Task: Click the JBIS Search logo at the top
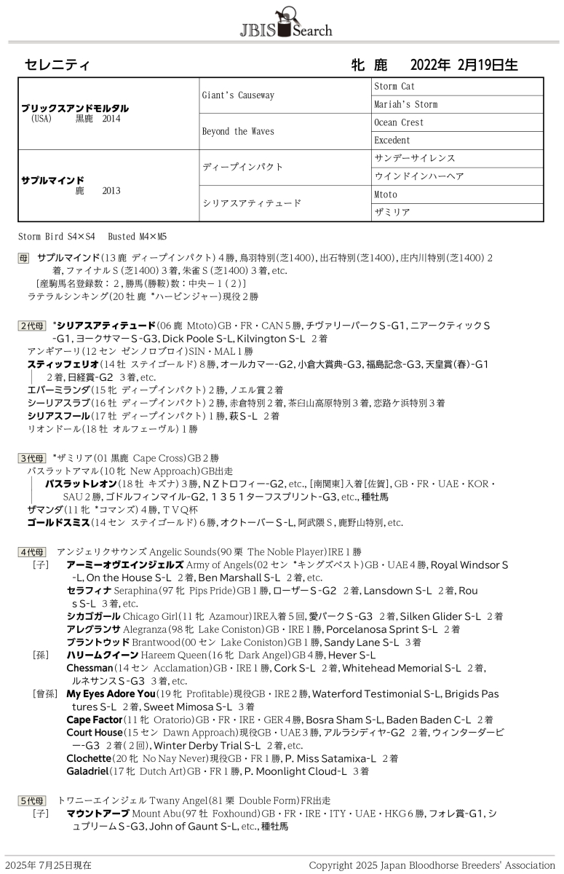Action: [x=285, y=23]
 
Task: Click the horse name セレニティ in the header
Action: [x=57, y=65]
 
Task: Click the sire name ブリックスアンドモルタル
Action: [x=75, y=108]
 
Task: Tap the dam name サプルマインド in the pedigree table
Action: [x=53, y=180]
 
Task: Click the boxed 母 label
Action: [x=24, y=258]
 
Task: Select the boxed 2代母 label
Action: [x=32, y=326]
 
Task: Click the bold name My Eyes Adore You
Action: [x=111, y=694]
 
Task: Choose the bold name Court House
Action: [x=95, y=733]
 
